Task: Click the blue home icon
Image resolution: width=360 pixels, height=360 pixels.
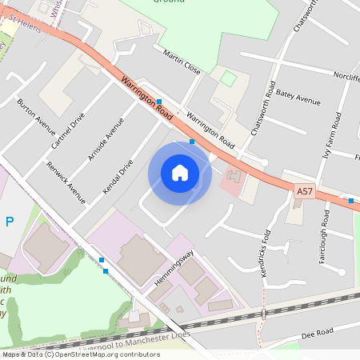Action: click(x=180, y=172)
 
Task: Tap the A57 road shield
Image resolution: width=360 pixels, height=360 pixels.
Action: click(x=305, y=191)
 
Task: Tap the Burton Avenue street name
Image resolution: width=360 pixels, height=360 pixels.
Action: click(x=36, y=117)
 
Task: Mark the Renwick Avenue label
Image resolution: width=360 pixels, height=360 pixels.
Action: click(x=66, y=182)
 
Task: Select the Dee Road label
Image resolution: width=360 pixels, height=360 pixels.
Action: click(x=318, y=332)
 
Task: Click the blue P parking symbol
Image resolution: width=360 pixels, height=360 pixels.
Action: click(x=9, y=222)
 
